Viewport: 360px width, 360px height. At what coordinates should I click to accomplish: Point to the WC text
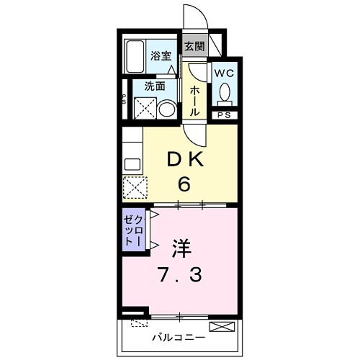tap(222, 73)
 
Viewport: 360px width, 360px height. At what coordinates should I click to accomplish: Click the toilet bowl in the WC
tap(224, 92)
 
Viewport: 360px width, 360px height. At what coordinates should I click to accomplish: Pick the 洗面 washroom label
tap(155, 84)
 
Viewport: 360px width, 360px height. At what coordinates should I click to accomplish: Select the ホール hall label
tap(194, 101)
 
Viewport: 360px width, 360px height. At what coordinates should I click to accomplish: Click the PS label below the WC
tap(222, 114)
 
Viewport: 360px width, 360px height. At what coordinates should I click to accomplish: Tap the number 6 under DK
tap(184, 184)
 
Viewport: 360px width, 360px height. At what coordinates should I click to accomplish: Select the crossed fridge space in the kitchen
tap(134, 187)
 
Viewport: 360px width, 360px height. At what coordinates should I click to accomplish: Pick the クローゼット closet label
tap(132, 230)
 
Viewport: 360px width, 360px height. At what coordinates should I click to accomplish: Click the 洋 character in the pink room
tap(180, 250)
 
